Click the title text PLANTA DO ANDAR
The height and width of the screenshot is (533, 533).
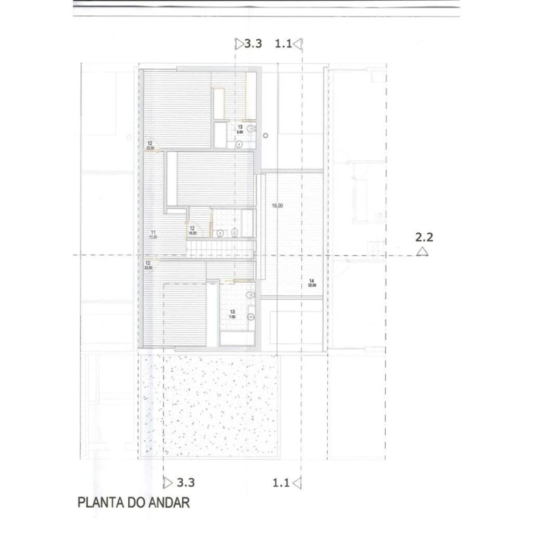coord(133,503)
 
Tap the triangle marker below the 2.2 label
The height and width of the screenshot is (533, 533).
coord(422,252)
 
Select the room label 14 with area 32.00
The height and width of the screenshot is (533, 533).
coord(312,282)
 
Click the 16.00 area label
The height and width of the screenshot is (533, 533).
coord(278,206)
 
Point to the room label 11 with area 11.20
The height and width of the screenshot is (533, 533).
coord(152,236)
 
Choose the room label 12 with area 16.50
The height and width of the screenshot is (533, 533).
coord(192,230)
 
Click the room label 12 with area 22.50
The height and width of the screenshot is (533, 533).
coord(150,145)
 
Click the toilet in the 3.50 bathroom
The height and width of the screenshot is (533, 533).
coord(251,129)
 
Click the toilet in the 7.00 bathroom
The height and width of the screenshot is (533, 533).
coord(250,296)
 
